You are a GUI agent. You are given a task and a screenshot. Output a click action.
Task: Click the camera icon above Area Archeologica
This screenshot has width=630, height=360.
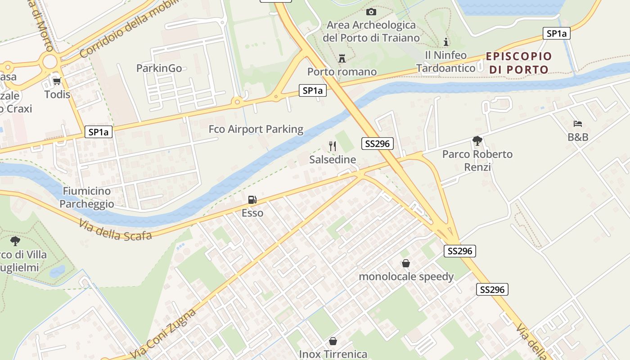tap(371, 12)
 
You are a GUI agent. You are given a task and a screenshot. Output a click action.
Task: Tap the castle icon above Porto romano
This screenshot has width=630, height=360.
tap(342, 58)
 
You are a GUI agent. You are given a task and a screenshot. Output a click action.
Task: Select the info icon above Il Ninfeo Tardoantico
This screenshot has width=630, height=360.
tap(446, 42)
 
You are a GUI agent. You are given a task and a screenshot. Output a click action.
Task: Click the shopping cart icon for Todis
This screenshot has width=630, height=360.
tap(57, 81)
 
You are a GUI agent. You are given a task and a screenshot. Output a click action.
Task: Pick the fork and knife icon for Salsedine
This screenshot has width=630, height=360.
tap(333, 146)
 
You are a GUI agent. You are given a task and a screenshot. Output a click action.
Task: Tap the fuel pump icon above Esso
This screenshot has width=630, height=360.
tap(252, 200)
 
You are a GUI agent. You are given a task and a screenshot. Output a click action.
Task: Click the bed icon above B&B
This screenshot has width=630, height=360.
tap(578, 124)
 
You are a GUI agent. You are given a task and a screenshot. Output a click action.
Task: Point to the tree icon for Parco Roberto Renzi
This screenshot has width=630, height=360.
tap(477, 141)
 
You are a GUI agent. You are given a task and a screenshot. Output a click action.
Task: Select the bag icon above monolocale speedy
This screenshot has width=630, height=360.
tap(406, 263)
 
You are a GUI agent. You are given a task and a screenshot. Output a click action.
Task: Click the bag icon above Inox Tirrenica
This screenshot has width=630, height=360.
tap(333, 341)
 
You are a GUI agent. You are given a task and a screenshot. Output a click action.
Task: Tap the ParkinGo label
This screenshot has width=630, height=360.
tap(159, 68)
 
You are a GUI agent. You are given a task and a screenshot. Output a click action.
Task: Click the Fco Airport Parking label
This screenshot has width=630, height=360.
tap(256, 130)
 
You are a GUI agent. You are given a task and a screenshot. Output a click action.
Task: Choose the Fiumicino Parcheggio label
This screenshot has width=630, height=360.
tap(87, 198)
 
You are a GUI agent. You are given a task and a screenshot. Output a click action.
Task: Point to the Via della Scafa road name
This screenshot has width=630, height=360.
tap(115, 229)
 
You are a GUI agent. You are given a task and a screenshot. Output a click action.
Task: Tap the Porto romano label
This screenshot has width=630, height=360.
tap(342, 72)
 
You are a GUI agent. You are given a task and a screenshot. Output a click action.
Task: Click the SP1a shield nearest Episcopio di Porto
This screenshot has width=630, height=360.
tap(556, 33)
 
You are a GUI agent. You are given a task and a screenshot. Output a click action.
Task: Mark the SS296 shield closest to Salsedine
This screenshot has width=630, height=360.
tap(378, 144)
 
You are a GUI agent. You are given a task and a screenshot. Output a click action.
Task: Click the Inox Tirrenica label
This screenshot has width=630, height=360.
tap(333, 354)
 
